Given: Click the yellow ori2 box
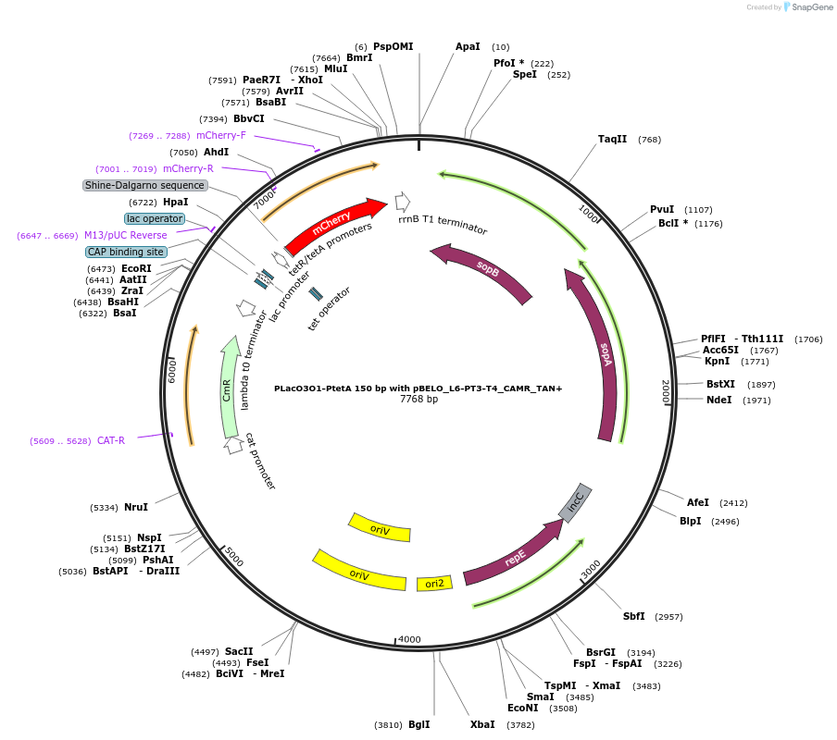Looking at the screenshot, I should pyautogui.click(x=434, y=583).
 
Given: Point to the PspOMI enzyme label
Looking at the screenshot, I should pyautogui.click(x=394, y=46).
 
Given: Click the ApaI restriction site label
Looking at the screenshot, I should pyautogui.click(x=468, y=46).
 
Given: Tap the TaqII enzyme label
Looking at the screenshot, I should pyautogui.click(x=612, y=140).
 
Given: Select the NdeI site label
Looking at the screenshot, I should pyautogui.click(x=718, y=400).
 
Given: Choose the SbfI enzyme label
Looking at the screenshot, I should pyautogui.click(x=634, y=616).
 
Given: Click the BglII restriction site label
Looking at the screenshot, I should pyautogui.click(x=418, y=724).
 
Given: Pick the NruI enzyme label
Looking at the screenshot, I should pyautogui.click(x=136, y=507).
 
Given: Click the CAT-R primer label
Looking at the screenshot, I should pyautogui.click(x=111, y=440).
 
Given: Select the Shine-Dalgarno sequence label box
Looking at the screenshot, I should pyautogui.click(x=144, y=185).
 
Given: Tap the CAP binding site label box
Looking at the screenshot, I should pyautogui.click(x=126, y=252).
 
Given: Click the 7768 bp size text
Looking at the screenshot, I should pyautogui.click(x=418, y=400).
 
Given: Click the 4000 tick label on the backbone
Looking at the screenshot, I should pyautogui.click(x=409, y=639).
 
